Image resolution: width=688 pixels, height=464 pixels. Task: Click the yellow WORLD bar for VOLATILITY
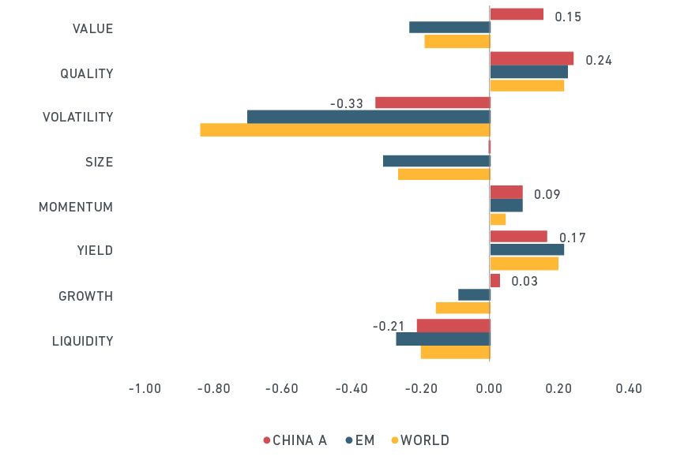pos(345,130)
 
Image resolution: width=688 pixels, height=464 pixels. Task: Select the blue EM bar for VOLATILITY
pos(369,117)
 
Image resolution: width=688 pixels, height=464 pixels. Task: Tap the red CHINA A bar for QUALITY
pos(532,58)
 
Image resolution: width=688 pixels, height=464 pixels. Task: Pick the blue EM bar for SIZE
pos(437,161)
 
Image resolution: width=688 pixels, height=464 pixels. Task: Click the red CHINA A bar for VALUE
pos(517,14)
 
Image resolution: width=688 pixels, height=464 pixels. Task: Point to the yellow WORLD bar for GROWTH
pos(463,308)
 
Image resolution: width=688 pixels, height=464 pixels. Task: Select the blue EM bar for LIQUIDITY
pos(443,339)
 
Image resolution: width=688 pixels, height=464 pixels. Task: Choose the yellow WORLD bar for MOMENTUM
pos(498,219)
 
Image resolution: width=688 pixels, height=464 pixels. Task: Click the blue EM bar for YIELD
pos(527,249)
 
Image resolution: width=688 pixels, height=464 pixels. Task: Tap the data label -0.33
pos(346,103)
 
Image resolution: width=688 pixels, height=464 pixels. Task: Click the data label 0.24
pos(599,61)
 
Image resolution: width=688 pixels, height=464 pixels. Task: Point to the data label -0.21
pos(389,326)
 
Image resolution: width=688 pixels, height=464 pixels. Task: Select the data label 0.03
pos(524,281)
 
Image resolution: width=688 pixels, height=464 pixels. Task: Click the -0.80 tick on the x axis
pos(213,389)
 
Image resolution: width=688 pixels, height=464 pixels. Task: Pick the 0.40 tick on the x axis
pos(630,389)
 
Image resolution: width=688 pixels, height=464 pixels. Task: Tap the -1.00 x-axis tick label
pos(145,389)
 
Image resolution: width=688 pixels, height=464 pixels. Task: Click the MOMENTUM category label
pos(76,207)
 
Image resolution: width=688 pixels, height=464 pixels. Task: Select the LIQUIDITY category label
pos(83,342)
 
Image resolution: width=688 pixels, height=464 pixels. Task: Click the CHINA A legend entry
pos(295,440)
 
